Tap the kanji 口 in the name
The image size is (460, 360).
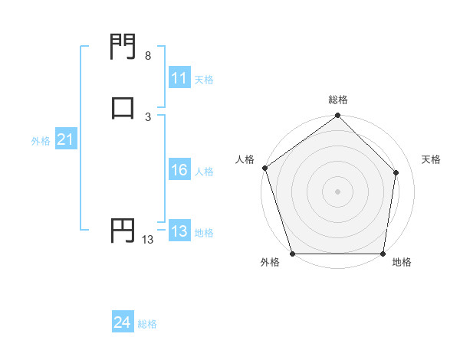tap(123, 107)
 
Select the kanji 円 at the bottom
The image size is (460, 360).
tap(123, 230)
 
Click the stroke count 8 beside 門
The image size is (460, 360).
tap(147, 56)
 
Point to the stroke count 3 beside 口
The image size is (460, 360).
tap(147, 116)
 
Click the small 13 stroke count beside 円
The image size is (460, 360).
tap(147, 240)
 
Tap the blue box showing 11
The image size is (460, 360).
tap(179, 78)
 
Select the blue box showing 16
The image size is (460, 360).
tap(179, 170)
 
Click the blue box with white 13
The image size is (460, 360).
tap(179, 231)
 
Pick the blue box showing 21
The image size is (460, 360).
tap(65, 139)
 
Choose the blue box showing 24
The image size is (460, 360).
tap(122, 322)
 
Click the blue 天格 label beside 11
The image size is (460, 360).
tap(204, 79)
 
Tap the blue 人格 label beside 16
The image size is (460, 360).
tap(204, 172)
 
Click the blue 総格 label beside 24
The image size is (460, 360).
tap(147, 324)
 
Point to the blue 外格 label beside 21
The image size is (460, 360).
tap(41, 141)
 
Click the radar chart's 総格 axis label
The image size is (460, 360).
tap(338, 100)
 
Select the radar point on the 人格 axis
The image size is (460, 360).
tap(264, 168)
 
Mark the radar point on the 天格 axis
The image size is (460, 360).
tap(396, 172)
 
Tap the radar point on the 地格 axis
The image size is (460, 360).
tap(383, 254)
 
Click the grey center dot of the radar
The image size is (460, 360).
tap(337, 191)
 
